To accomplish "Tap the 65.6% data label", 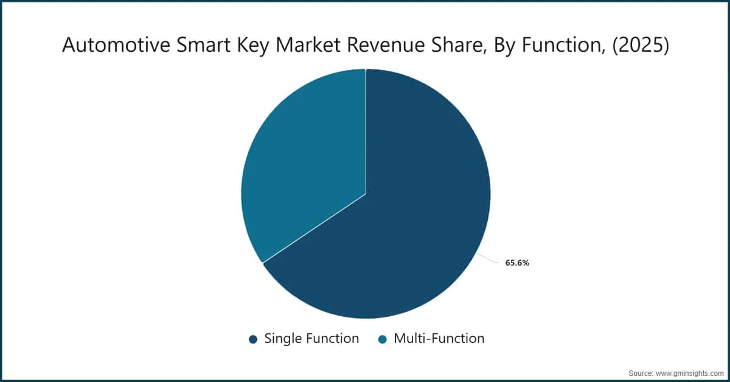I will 517,264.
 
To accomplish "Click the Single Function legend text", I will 311,339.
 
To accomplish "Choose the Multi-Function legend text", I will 439,339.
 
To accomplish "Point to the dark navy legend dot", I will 253,339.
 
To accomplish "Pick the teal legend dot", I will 383,339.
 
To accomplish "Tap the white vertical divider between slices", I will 366,131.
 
